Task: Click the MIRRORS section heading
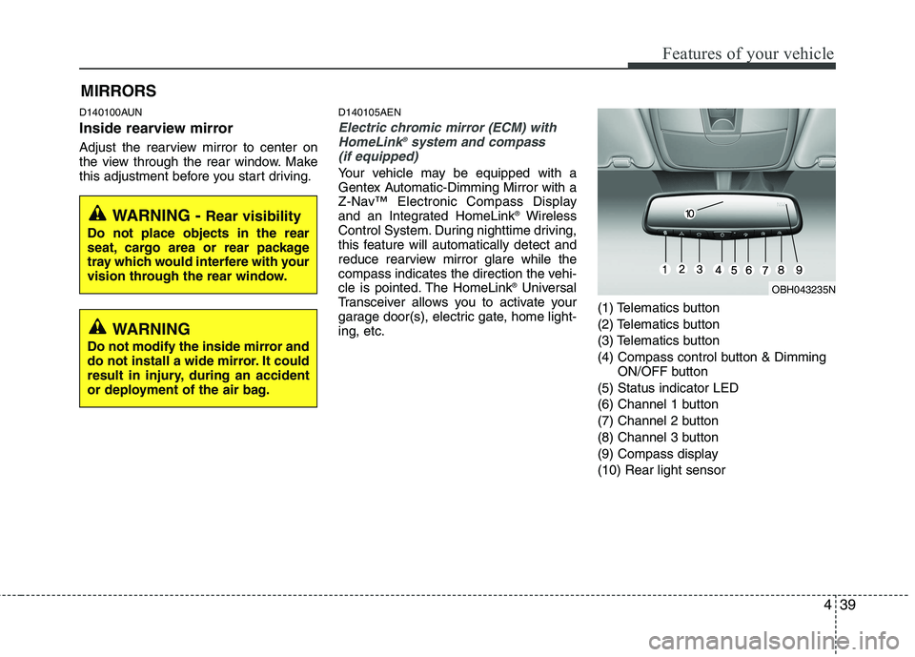click(x=118, y=92)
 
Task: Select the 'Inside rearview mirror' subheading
click(x=155, y=128)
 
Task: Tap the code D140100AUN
click(x=111, y=112)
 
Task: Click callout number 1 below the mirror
click(x=663, y=271)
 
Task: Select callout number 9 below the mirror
click(x=798, y=271)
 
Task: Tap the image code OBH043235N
click(x=803, y=289)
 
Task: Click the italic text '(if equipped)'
click(x=378, y=154)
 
